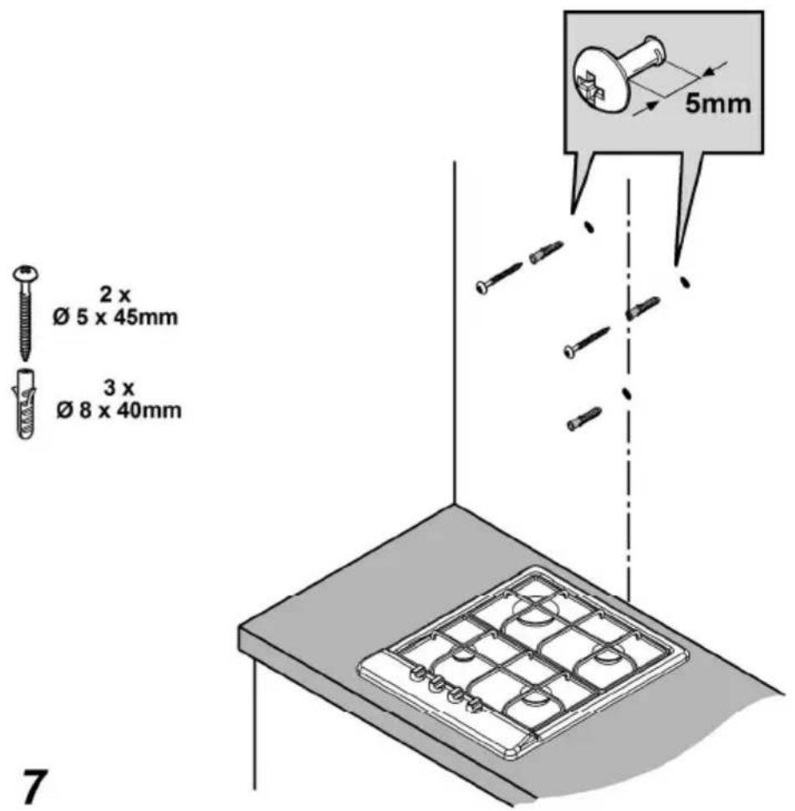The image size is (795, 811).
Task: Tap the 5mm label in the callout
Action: click(718, 104)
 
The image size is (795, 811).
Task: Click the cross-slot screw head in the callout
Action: click(599, 79)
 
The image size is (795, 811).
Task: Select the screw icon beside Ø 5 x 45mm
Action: click(24, 313)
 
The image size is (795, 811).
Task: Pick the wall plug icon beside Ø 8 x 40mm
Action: click(23, 404)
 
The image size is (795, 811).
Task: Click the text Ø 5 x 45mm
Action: click(115, 317)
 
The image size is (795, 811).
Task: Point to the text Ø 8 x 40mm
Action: click(119, 411)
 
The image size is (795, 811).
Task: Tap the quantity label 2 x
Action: click(115, 295)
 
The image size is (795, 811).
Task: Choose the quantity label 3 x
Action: click(119, 388)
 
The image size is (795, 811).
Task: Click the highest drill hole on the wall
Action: click(589, 227)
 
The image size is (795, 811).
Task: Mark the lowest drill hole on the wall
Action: click(626, 393)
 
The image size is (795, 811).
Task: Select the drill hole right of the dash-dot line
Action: click(685, 282)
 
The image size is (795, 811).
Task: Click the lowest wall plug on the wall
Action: click(584, 420)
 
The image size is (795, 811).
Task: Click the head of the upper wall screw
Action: click(482, 286)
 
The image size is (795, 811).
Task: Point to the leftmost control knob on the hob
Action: click(415, 673)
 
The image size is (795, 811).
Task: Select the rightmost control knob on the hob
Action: click(474, 705)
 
